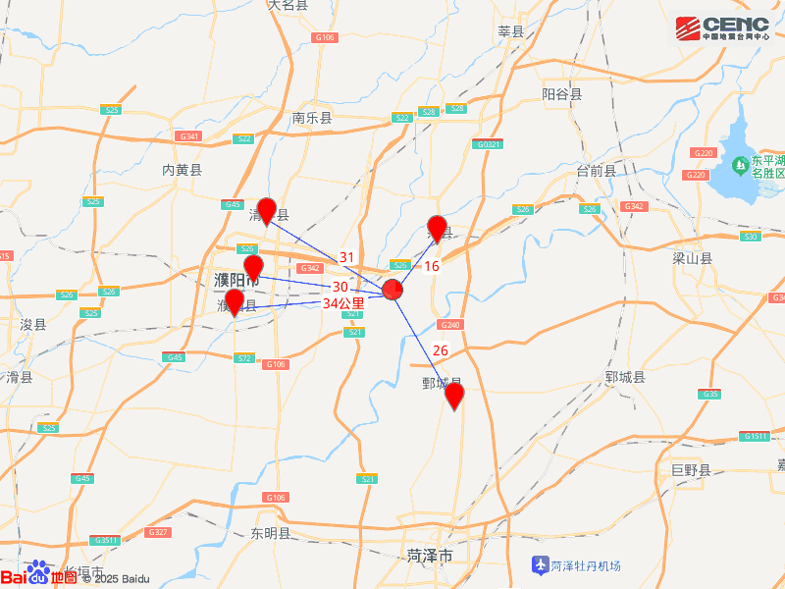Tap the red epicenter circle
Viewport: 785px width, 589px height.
click(x=392, y=290)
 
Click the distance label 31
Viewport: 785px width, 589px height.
click(x=346, y=257)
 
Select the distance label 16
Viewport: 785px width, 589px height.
click(x=432, y=266)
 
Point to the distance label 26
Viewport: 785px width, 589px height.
click(x=440, y=350)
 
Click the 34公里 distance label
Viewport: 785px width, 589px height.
click(x=343, y=303)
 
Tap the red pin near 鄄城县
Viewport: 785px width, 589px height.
click(x=454, y=396)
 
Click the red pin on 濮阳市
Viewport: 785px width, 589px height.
click(x=253, y=267)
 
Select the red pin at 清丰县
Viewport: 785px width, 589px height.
click(x=266, y=211)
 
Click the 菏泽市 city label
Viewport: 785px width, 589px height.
click(x=430, y=557)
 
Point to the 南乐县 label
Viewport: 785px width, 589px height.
click(x=312, y=118)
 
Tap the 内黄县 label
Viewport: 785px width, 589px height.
click(x=182, y=170)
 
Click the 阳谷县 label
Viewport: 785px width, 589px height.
click(x=562, y=94)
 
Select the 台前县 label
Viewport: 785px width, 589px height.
click(x=596, y=170)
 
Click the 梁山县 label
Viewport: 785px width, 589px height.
click(x=693, y=259)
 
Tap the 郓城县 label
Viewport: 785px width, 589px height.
click(x=625, y=377)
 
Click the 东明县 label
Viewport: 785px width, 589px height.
click(x=270, y=534)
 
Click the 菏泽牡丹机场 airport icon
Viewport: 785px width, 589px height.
click(x=539, y=565)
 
